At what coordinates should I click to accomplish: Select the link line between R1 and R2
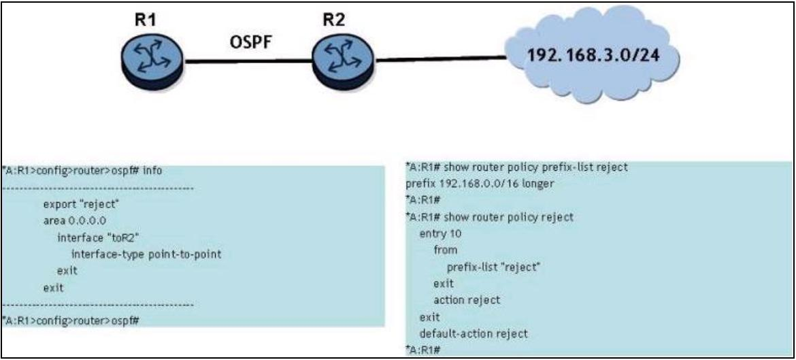248,63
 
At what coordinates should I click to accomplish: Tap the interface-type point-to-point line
146,254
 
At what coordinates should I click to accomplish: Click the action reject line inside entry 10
466,300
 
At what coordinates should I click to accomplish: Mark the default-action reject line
474,333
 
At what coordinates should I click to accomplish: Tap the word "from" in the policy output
445,250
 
